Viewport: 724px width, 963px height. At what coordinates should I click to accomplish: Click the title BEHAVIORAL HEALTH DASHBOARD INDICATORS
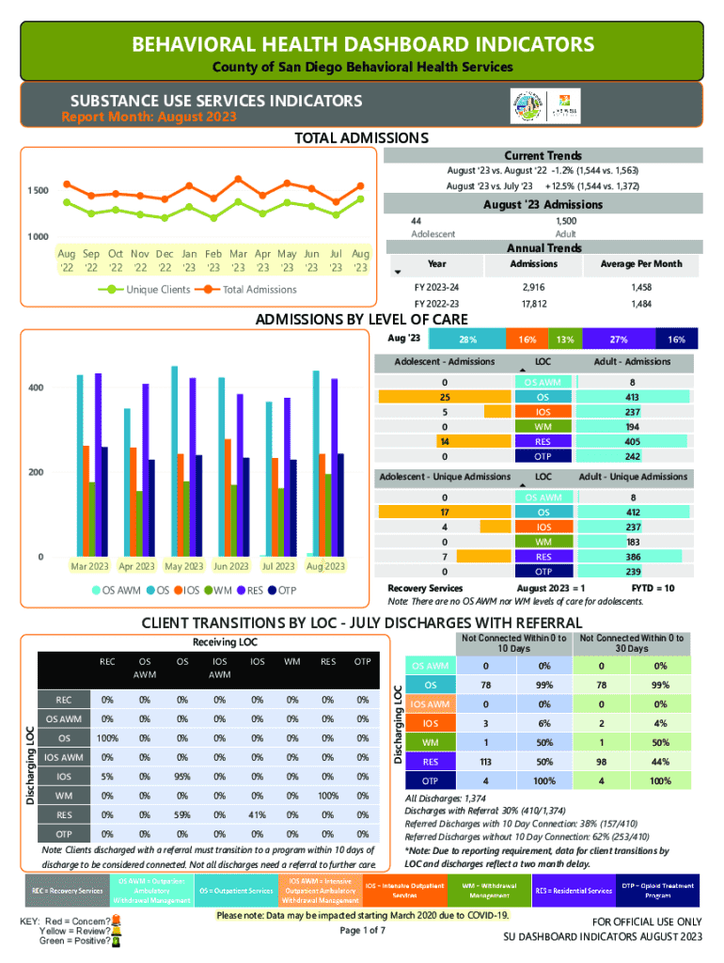pos(362,44)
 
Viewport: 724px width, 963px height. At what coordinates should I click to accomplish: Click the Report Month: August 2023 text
pos(149,118)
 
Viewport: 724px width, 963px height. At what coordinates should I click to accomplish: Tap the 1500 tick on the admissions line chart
pos(38,191)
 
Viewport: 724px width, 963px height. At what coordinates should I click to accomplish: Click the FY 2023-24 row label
pos(437,285)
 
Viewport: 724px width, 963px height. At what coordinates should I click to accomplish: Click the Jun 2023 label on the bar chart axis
pos(231,566)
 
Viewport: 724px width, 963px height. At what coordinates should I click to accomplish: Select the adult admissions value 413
pos(634,397)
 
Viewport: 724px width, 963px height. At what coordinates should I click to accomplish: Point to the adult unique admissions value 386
pos(634,557)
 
